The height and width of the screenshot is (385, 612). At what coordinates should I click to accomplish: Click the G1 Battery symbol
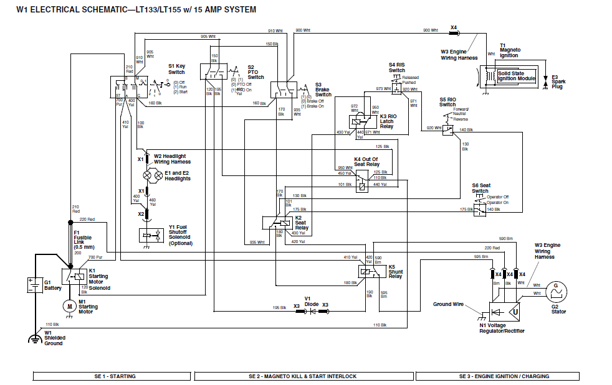(32, 285)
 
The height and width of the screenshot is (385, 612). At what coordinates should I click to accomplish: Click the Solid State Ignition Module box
(516, 76)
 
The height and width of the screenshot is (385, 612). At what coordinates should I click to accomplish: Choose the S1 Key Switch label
(176, 69)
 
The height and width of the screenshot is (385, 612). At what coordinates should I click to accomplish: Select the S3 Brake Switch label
(323, 90)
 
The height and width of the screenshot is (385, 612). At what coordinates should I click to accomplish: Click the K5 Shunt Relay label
(395, 271)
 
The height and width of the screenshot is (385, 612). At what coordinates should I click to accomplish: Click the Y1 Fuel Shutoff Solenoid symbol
(147, 235)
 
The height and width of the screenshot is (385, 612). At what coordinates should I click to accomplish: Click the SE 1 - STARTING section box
(113, 376)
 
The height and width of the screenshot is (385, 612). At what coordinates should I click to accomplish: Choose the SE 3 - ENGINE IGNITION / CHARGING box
(497, 376)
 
